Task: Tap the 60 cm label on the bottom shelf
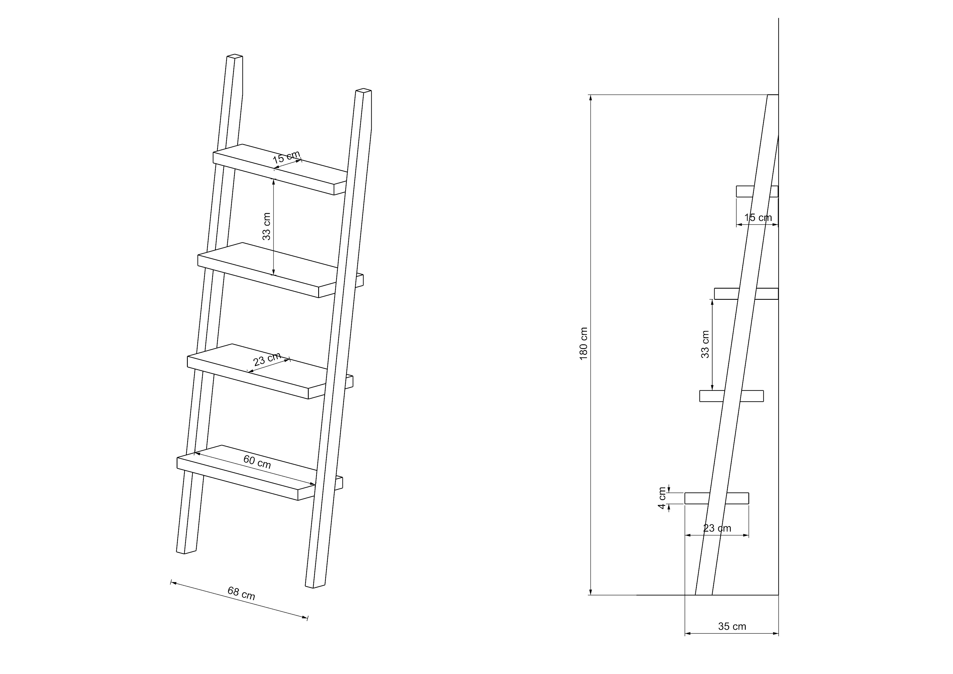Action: click(x=257, y=462)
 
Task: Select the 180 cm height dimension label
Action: click(x=584, y=344)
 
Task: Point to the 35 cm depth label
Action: click(x=732, y=626)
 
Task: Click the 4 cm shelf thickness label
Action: click(x=663, y=498)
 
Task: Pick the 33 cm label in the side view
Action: click(x=705, y=344)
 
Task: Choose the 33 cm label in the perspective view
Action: click(x=267, y=227)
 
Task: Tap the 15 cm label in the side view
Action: click(x=758, y=217)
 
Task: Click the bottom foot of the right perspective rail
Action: click(x=315, y=586)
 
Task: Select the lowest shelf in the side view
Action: click(x=717, y=498)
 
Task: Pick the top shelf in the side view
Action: click(x=757, y=191)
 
